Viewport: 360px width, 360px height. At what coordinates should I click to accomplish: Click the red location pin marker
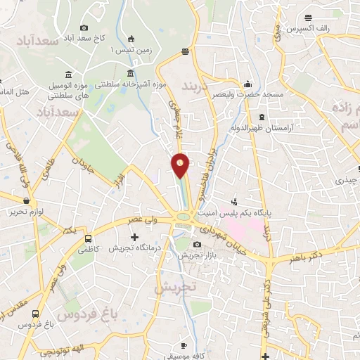pyautogui.click(x=181, y=165)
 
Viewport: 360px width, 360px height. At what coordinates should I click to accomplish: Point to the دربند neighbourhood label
pyautogui.click(x=195, y=87)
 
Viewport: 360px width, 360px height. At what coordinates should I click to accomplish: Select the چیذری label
pyautogui.click(x=345, y=181)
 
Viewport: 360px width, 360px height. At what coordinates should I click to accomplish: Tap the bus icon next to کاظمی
pyautogui.click(x=89, y=238)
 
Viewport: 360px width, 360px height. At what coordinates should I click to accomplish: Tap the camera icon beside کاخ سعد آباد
pyautogui.click(x=84, y=27)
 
